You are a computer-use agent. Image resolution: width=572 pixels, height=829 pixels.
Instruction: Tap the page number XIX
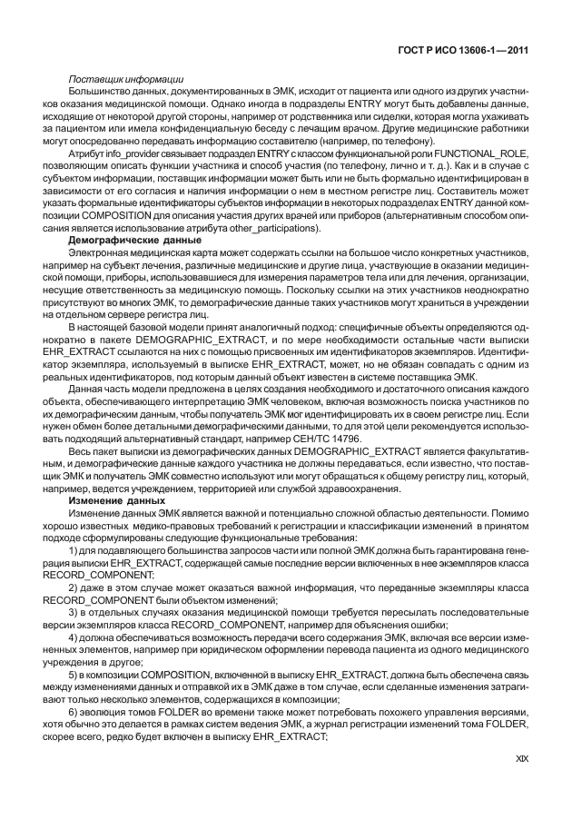coord(519,782)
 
